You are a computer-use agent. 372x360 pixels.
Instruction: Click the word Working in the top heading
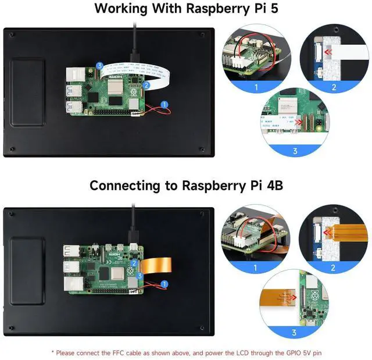pos(123,9)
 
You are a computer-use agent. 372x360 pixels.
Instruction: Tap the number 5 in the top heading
pos(273,9)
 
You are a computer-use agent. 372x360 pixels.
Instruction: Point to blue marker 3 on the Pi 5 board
pos(100,66)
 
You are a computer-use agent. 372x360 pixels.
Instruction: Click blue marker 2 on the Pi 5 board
pos(146,84)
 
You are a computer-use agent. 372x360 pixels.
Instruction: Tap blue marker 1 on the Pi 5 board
pos(164,105)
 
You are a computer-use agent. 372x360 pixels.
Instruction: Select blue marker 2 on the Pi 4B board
pos(134,263)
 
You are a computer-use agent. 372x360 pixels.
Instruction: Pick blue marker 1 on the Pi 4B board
pos(164,284)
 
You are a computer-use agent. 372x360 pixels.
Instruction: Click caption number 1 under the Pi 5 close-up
pos(255,88)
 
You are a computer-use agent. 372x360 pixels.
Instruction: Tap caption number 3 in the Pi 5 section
pos(295,151)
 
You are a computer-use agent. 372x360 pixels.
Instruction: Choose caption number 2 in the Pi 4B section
pos(333,268)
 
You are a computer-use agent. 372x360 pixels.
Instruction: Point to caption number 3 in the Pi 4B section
pos(295,333)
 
